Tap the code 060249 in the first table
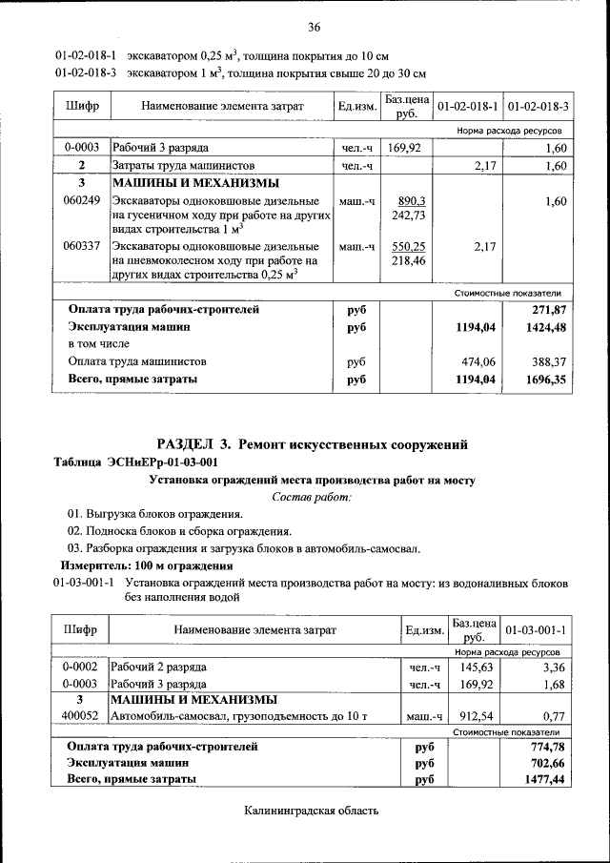pos(82,201)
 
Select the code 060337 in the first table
pos(82,246)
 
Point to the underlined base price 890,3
pos(407,201)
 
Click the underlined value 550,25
pos(407,246)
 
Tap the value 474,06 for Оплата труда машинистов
pos(478,362)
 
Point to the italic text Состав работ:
pos(312,497)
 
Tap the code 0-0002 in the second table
pos(82,668)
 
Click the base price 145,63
pos(474,668)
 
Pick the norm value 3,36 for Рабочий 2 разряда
pos(552,668)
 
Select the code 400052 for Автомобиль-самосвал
pos(82,715)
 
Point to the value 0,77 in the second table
pos(554,715)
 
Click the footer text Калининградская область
pos(312,811)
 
